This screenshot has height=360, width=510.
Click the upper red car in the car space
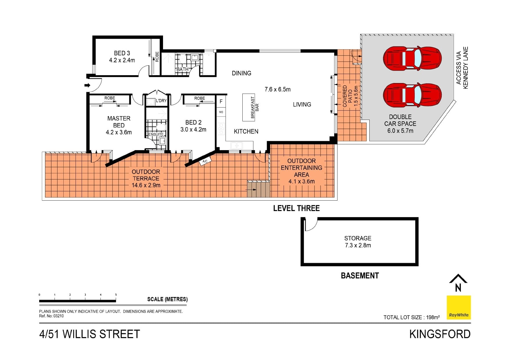tap(412, 58)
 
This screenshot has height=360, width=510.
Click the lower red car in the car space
tap(412, 95)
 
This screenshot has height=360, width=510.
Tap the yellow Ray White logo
tap(459, 307)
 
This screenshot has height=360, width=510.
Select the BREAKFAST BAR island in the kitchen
tap(249, 107)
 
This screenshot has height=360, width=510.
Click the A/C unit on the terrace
tap(205, 161)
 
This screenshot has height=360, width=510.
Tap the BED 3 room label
tap(122, 53)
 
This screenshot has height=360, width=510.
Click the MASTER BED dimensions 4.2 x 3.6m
tap(119, 132)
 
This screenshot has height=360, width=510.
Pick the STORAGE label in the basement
tap(358, 238)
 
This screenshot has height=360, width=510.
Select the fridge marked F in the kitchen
tap(221, 102)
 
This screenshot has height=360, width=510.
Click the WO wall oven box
tap(221, 112)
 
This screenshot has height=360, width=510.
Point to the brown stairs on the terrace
tap(258, 189)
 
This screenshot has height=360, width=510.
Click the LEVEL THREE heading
tap(296, 208)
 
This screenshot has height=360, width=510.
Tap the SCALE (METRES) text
tap(167, 299)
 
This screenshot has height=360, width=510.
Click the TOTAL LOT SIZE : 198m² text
tap(411, 317)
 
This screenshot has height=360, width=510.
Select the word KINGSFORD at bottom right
tap(440, 334)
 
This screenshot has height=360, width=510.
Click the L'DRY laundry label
tap(161, 101)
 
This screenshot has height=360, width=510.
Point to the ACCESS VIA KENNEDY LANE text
tap(462, 68)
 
